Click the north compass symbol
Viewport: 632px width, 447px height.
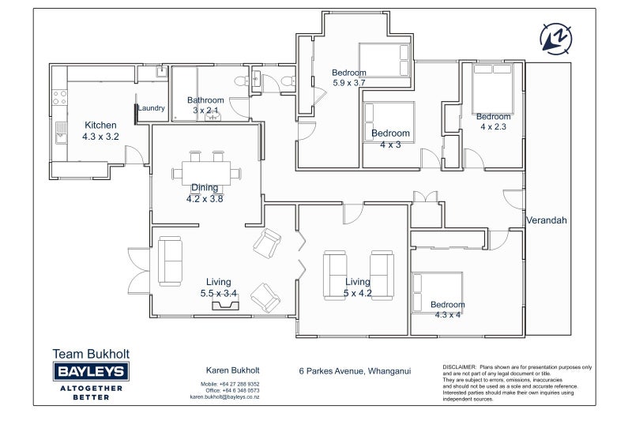[x=556, y=39]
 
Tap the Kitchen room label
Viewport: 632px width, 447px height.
[x=100, y=125]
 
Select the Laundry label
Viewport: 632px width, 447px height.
[x=151, y=108]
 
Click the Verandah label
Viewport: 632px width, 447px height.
[x=547, y=220]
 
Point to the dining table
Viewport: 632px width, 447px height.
[x=206, y=173]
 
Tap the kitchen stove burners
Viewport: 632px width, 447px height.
[x=60, y=97]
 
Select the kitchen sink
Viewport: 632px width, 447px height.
[x=62, y=133]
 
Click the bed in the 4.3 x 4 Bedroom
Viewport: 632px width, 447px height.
[x=437, y=293]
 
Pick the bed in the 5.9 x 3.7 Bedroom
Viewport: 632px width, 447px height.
[x=385, y=60]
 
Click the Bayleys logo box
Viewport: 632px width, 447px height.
[x=91, y=371]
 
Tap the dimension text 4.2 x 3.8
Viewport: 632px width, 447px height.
[x=205, y=199]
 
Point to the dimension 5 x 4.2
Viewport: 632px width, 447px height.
[x=358, y=293]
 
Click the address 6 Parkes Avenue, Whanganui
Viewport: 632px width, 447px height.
[x=355, y=371]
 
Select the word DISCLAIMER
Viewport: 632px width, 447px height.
[x=460, y=367]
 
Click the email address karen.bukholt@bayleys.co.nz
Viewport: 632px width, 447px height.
[x=224, y=397]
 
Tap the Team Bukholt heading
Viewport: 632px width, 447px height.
[x=91, y=354]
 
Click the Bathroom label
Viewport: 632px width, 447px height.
[x=205, y=100]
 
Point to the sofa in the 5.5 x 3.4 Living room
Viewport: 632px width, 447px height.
[x=170, y=261]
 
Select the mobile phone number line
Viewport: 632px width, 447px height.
[x=230, y=384]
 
